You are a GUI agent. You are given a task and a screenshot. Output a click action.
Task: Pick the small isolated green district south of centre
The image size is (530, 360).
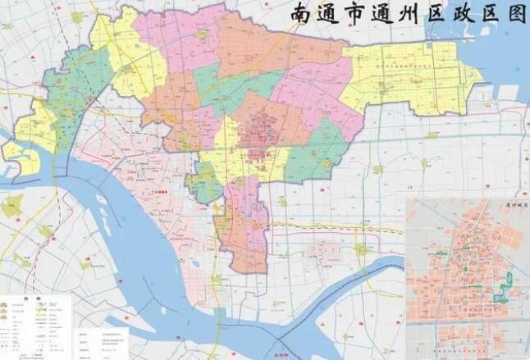click(204, 182)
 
